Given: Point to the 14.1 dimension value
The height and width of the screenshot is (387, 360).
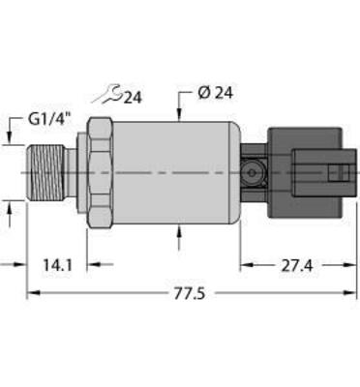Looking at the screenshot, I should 55,263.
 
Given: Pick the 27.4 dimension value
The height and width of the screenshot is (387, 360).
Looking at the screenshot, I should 291,263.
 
